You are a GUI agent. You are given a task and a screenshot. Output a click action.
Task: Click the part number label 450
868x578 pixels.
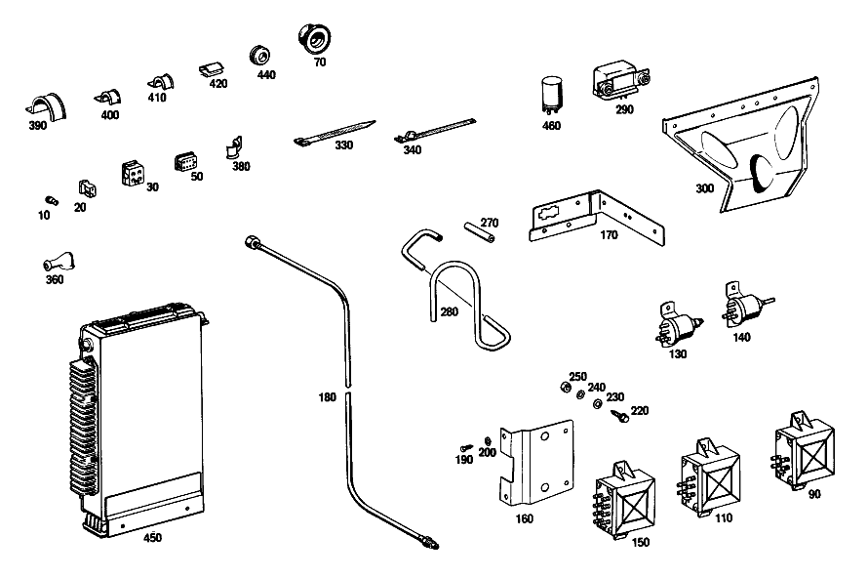[x=152, y=537]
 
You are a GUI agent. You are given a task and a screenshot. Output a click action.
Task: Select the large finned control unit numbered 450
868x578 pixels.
[x=138, y=420]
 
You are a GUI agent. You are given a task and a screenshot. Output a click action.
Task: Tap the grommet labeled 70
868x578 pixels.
[x=314, y=38]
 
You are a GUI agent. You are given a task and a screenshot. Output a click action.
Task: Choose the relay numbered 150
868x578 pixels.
[x=625, y=499]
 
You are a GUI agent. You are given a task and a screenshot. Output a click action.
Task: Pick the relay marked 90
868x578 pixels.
[x=804, y=450]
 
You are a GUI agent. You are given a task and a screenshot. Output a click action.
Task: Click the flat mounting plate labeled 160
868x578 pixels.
[x=536, y=462]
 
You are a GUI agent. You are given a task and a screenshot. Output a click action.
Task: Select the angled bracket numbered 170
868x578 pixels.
[x=597, y=217]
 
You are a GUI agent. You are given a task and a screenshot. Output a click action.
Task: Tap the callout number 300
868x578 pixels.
[x=705, y=188]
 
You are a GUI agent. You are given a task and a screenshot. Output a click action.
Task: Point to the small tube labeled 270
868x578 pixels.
[x=480, y=231]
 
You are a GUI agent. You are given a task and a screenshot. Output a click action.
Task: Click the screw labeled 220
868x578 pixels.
[x=620, y=416]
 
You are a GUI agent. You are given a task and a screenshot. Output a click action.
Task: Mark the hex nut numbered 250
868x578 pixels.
[x=566, y=387]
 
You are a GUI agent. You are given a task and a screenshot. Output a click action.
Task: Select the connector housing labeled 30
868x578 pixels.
[x=134, y=173]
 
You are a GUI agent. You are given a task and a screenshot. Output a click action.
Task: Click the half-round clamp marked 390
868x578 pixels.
[x=47, y=107]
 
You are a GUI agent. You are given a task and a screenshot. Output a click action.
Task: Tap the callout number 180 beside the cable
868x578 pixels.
[x=327, y=397]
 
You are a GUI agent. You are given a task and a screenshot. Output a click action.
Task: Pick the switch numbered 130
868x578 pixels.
[x=678, y=325]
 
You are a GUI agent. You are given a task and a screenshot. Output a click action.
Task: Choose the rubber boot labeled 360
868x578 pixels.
[x=59, y=262]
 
